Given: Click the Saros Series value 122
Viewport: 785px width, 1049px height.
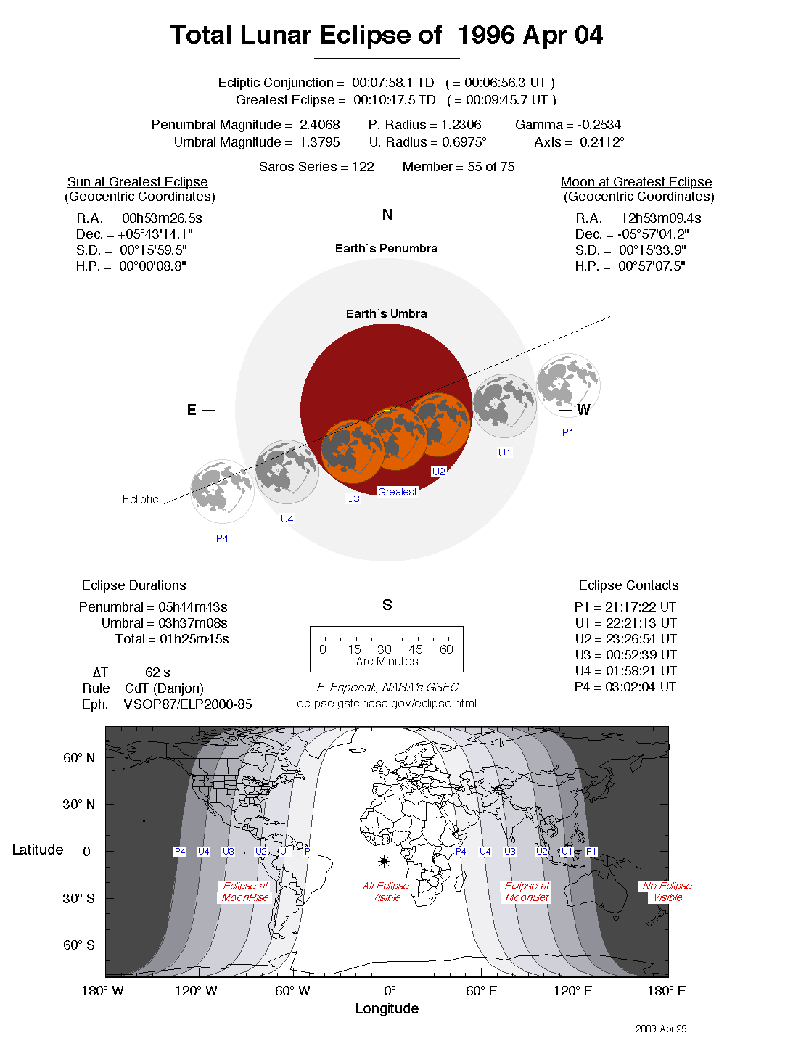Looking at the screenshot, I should pos(363,167).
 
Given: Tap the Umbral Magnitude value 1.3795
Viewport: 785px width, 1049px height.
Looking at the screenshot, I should pos(319,142).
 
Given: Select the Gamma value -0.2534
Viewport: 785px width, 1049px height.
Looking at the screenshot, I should pos(599,125).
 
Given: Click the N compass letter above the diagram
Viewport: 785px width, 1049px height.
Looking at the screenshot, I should pos(387,215).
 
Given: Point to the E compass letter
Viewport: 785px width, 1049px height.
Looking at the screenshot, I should pos(192,410).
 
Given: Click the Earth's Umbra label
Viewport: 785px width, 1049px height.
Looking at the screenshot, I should pos(386,313).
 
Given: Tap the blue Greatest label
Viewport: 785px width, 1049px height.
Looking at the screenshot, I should pos(397,492).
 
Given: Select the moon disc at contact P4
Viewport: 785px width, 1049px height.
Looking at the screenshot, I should pos(222,491).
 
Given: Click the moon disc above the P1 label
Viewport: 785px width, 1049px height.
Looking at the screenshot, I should pos(568,385).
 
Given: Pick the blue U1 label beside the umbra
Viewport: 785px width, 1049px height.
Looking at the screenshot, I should pos(504,453).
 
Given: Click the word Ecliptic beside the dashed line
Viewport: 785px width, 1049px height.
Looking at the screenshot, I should pos(140,499).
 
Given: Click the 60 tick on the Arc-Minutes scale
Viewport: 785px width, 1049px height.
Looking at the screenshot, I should pos(446,649).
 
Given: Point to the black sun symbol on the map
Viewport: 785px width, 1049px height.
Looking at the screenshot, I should pos(384,861).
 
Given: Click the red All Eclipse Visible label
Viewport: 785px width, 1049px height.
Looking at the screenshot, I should pos(386,892).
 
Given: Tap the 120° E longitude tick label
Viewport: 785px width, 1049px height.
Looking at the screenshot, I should pos(573,991).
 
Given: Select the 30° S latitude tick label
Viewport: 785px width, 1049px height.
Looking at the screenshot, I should pos(78,898).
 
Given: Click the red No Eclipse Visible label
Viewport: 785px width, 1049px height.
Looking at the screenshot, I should pos(667,892).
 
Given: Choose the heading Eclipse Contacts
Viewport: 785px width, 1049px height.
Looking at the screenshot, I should pos(628,585).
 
